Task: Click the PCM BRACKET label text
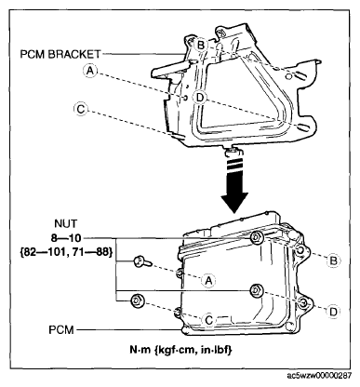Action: pyautogui.click(x=60, y=54)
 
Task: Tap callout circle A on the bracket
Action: pyautogui.click(x=89, y=71)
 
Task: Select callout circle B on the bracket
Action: pyautogui.click(x=201, y=46)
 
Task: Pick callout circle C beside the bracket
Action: pyautogui.click(x=81, y=109)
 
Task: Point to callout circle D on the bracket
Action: pyautogui.click(x=200, y=98)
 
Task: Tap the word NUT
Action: pyautogui.click(x=66, y=223)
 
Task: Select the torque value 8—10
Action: pyautogui.click(x=66, y=238)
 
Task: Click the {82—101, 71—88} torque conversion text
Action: pyautogui.click(x=66, y=251)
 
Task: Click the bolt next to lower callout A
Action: pyautogui.click(x=142, y=262)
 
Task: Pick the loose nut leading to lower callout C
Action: pyautogui.click(x=137, y=300)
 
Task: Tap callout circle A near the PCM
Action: pyautogui.click(x=208, y=281)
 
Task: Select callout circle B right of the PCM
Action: pyautogui.click(x=333, y=260)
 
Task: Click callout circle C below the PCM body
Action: pyautogui.click(x=208, y=320)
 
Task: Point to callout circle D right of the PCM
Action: pyautogui.click(x=333, y=312)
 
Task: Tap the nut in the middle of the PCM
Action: pyautogui.click(x=256, y=290)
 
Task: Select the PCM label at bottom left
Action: pyautogui.click(x=61, y=329)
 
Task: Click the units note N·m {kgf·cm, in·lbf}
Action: pyautogui.click(x=180, y=350)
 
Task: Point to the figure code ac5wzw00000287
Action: pyautogui.click(x=319, y=376)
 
